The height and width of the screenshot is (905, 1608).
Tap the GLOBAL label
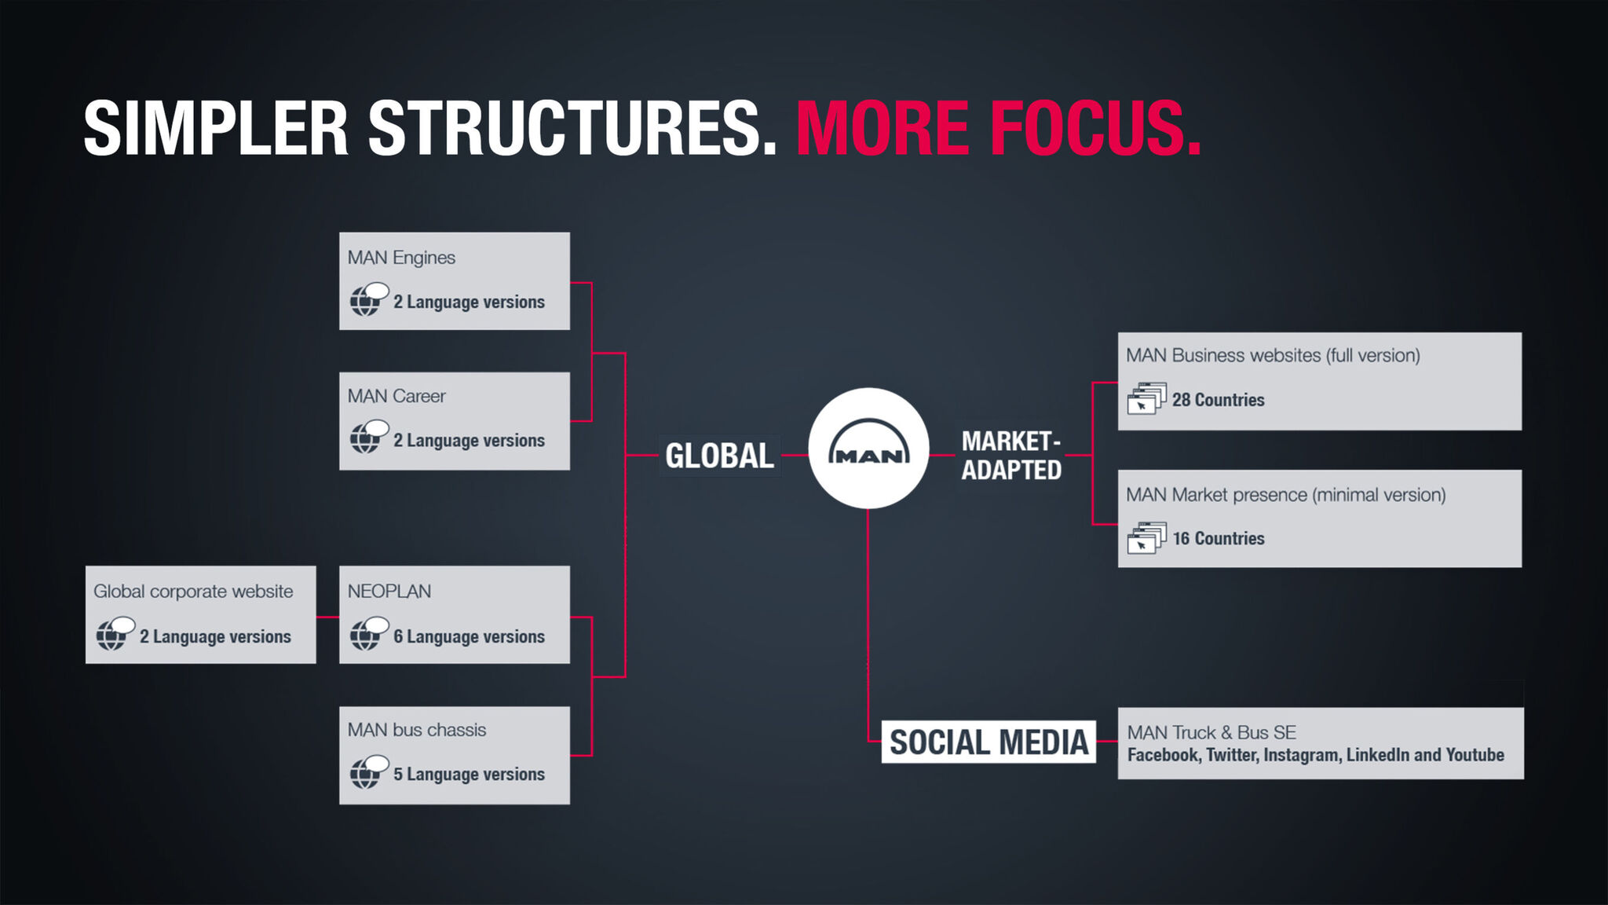[x=719, y=456]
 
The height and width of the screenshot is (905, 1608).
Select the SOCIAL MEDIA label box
[x=989, y=742]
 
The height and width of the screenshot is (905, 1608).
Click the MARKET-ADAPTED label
[x=1011, y=455]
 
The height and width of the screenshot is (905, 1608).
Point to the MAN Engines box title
[x=401, y=258]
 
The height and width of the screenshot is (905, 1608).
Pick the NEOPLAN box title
[x=389, y=592]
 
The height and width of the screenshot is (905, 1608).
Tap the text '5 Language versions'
[x=469, y=774]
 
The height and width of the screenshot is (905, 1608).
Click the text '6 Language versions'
[x=469, y=636]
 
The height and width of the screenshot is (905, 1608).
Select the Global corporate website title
[x=193, y=592]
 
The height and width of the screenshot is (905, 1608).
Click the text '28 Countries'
[x=1219, y=400]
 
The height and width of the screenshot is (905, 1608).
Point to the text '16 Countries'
[x=1219, y=538]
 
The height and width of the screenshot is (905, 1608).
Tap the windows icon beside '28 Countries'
[x=1147, y=398]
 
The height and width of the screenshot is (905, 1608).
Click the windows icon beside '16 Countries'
[x=1147, y=537]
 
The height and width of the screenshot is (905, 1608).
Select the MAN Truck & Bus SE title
[x=1211, y=732]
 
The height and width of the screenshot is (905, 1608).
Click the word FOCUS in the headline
[x=1097, y=128]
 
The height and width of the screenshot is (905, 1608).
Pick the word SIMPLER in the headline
[x=216, y=128]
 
